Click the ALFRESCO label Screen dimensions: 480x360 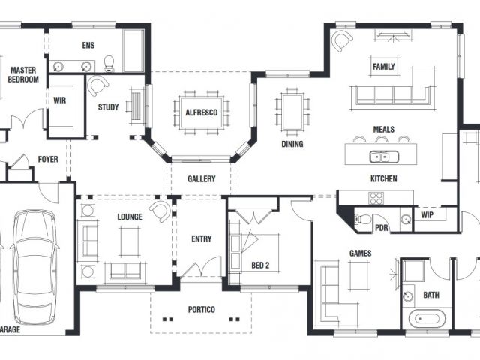tap(202, 112)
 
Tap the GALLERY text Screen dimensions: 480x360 tap(202, 178)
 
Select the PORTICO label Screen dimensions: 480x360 tap(202, 310)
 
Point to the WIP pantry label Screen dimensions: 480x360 tap(427, 215)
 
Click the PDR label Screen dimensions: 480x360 tap(382, 228)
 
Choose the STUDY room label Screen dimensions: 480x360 tap(108, 107)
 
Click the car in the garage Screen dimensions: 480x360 tap(35, 267)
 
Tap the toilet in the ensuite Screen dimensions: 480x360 tap(109, 64)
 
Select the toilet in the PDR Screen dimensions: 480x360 tap(362, 219)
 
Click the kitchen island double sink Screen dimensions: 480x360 tap(384, 157)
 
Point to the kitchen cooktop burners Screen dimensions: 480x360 tap(376, 198)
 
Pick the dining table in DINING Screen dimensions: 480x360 tap(292, 112)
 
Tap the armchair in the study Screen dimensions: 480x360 tap(98, 85)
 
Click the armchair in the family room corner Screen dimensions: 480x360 tap(342, 40)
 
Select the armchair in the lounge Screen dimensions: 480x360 tap(160, 211)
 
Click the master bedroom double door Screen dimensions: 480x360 tap(27, 118)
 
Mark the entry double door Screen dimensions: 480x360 tap(201, 267)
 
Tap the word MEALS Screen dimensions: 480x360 tap(383, 130)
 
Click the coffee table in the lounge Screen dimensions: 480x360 tap(130, 241)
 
